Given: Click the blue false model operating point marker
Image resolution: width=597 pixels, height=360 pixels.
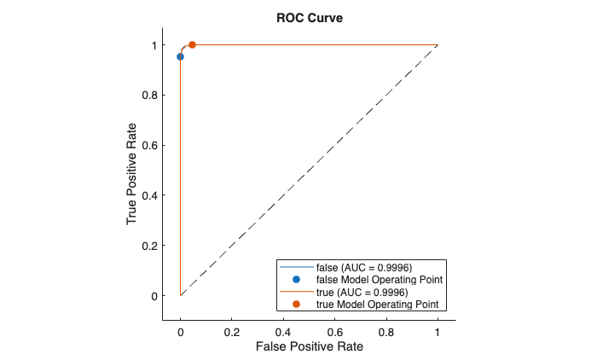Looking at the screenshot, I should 180,57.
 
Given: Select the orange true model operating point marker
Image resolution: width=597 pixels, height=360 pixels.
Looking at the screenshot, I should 192,44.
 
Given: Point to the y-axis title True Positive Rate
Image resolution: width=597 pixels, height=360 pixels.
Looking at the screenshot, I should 133,171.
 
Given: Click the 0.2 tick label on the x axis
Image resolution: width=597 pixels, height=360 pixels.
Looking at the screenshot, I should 231,330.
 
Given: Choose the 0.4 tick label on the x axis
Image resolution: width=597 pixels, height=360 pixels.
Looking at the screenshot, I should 283,330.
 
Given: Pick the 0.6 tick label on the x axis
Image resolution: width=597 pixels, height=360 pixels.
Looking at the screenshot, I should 334,330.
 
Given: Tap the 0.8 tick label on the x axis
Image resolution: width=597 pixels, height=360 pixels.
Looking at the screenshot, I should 386,330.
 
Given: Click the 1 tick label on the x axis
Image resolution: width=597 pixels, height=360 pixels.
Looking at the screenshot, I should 438,330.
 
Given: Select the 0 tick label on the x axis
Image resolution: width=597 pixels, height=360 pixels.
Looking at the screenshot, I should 180,330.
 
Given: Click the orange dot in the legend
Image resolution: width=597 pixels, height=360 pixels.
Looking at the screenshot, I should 296,304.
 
